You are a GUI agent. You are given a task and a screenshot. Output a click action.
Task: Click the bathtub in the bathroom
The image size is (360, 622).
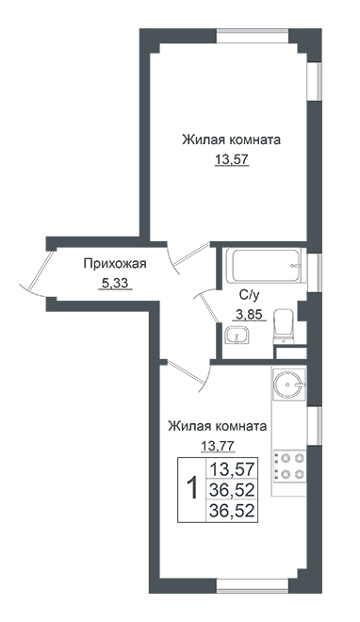coord(265,265)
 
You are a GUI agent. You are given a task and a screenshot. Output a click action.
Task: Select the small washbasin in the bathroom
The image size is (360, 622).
coord(237,336)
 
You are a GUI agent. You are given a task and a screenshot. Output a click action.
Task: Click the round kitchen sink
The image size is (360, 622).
coord(289,384)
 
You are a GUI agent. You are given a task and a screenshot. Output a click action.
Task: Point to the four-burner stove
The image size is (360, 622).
coord(289,466)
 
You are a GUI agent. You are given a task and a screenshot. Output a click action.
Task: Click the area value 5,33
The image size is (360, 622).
coord(115,284)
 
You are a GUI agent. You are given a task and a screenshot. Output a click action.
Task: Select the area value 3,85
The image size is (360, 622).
coord(249,315)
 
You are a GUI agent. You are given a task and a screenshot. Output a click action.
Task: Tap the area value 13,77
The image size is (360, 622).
coord(218,447)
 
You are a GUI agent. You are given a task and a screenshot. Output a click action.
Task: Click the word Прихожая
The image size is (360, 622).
coord(115,263)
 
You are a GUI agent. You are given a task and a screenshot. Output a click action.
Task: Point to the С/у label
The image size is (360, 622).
coord(249,295)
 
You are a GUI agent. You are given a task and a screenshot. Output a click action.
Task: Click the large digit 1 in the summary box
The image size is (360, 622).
coord(192,488)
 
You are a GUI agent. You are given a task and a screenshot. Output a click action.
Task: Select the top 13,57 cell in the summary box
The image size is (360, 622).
coord(232,469)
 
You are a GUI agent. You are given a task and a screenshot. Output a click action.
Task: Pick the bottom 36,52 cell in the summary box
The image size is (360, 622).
coord(232,511)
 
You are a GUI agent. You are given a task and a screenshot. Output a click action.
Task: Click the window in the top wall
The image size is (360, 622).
coord(253,35)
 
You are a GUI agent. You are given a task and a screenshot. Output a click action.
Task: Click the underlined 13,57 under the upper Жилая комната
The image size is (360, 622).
coord(232,160)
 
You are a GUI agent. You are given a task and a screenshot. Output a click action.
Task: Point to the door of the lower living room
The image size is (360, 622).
coord(188,374)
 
